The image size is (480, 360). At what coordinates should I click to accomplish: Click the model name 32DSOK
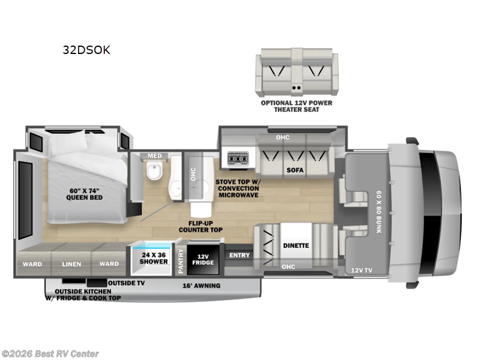(86, 50)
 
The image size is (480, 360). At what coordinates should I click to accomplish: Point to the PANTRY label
(180, 261)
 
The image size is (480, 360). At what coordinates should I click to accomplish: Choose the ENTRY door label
(239, 256)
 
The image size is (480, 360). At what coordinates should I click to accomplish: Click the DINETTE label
(296, 245)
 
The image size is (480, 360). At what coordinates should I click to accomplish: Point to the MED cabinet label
(155, 156)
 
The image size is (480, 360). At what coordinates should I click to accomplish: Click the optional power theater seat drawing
(296, 74)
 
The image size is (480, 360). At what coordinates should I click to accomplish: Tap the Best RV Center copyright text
(50, 354)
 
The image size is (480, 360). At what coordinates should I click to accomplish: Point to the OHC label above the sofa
(283, 137)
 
